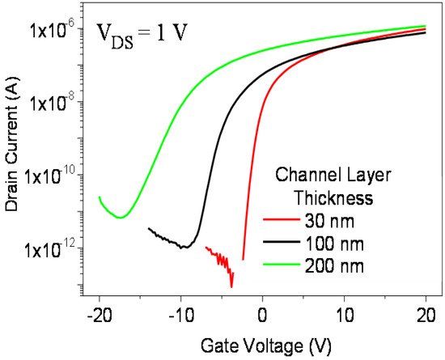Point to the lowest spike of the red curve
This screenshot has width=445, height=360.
pyautogui.click(x=231, y=286)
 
